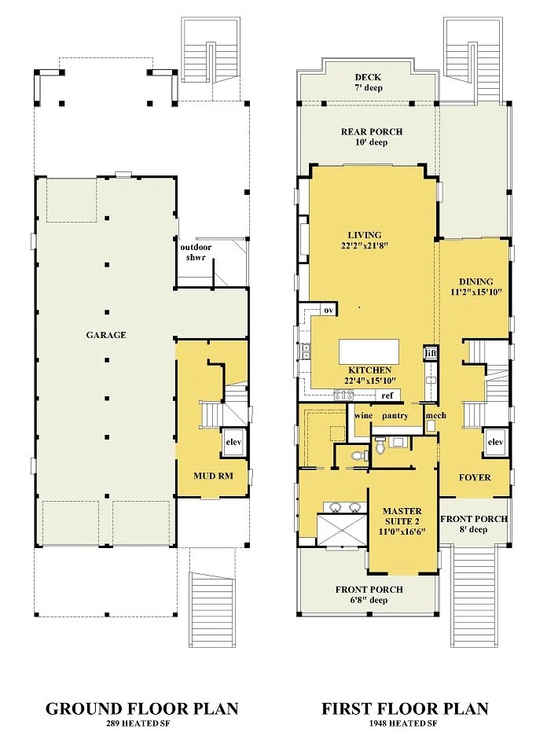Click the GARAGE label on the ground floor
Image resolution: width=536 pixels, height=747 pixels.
(x=106, y=335)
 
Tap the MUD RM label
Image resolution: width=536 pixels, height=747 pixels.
(x=213, y=476)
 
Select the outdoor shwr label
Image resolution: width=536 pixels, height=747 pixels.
(x=196, y=252)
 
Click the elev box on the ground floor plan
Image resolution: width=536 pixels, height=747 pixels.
(x=233, y=442)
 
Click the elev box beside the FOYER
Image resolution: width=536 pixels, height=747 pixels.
(x=496, y=442)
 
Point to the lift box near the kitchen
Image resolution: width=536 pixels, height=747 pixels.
(x=431, y=353)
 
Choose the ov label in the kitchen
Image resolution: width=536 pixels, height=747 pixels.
(x=329, y=310)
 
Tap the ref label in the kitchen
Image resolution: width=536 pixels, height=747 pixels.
(x=387, y=395)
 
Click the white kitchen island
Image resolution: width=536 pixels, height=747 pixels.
(x=369, y=351)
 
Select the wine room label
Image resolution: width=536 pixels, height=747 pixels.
(x=363, y=415)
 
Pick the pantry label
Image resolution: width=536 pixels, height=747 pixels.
(x=395, y=416)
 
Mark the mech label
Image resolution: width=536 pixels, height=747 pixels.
(x=436, y=415)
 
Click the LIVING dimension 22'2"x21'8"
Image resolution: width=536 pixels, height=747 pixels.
(x=365, y=246)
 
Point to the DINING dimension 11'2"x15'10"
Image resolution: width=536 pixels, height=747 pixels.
(x=476, y=292)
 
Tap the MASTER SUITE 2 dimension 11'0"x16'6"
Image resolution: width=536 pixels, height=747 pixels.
(x=402, y=532)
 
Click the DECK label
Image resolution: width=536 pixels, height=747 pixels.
(x=368, y=77)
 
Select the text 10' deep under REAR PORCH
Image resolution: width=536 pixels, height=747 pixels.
(x=371, y=142)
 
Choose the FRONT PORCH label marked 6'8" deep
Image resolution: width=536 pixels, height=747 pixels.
(x=369, y=589)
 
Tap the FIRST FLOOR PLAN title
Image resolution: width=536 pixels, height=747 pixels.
(x=405, y=709)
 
